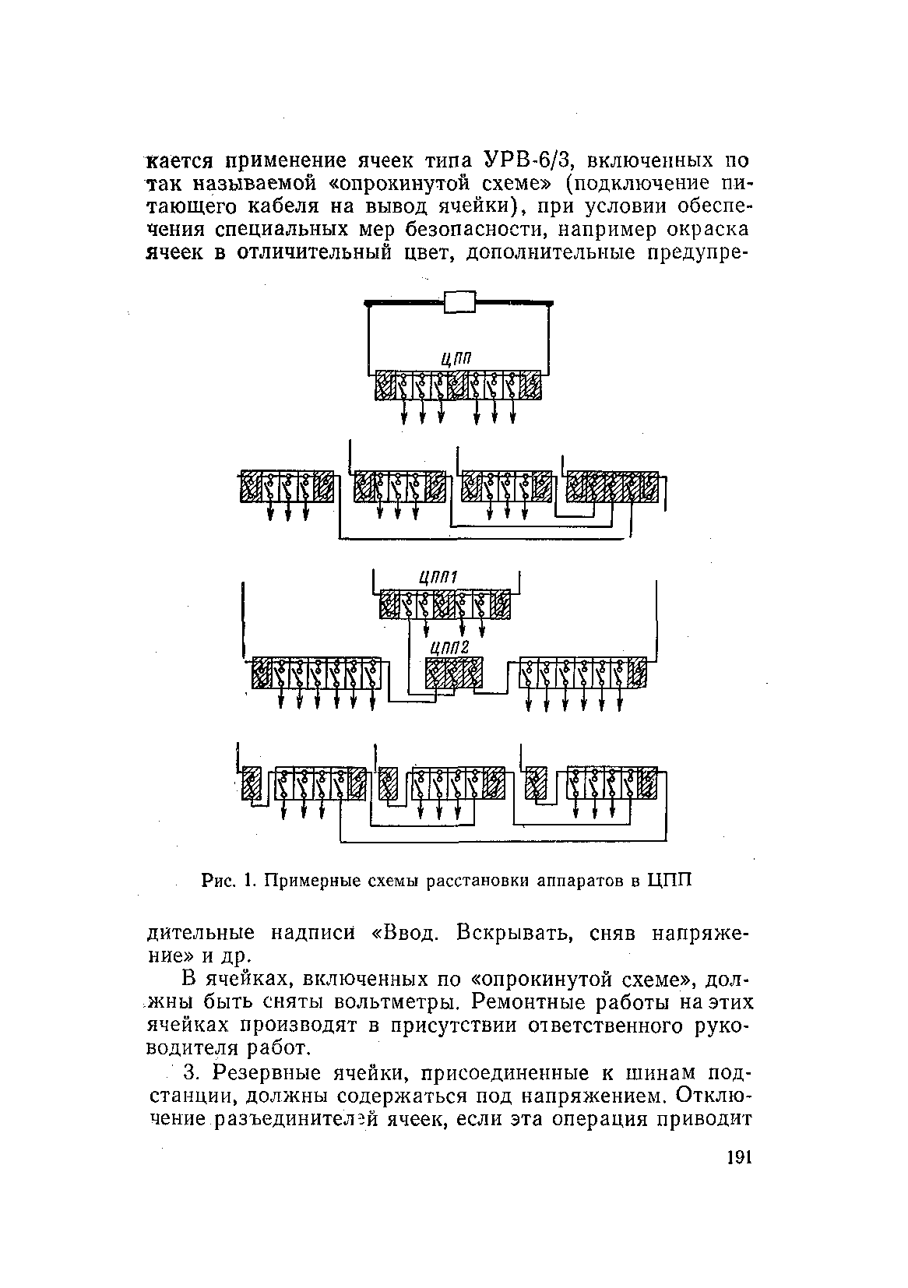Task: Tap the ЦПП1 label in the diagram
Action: [437, 576]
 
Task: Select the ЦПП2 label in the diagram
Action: [449, 646]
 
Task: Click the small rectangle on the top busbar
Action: [459, 301]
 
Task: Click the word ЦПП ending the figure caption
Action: [670, 881]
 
